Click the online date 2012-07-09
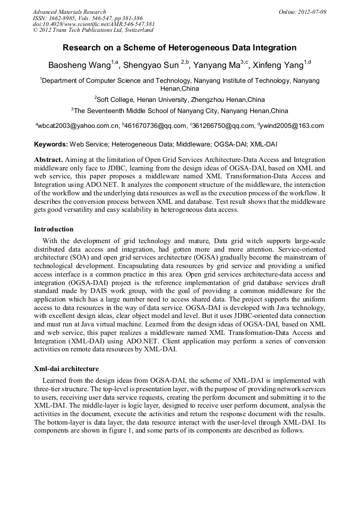tap(312, 12)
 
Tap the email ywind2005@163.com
tap(292, 126)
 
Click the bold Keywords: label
tap(52, 144)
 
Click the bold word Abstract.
tap(48, 159)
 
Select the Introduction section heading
tap(54, 229)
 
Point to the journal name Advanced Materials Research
tap(69, 12)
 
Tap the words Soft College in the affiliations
tap(114, 99)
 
